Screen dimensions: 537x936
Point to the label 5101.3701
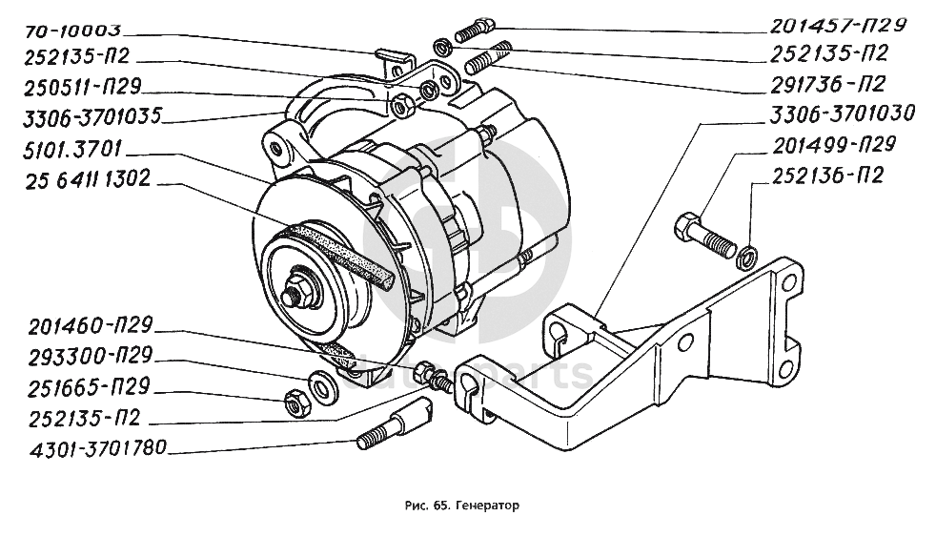click(x=68, y=150)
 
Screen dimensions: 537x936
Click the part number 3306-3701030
click(x=842, y=114)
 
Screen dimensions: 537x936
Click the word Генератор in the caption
click(x=490, y=506)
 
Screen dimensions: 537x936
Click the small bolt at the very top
click(x=474, y=31)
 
